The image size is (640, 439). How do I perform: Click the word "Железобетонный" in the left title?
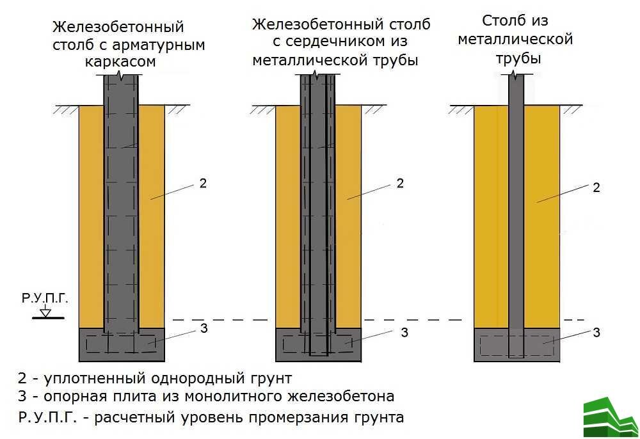pos(118,27)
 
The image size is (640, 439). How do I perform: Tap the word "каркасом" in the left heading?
pos(120,62)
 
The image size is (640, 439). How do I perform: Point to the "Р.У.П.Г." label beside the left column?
pos(45,298)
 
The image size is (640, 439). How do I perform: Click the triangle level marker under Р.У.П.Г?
pos(45,312)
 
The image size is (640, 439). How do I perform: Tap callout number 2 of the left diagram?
pos(203,184)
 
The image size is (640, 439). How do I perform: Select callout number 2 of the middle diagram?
pos(400,184)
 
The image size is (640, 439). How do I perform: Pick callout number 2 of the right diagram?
pos(596,188)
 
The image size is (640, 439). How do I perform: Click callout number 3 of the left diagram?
pos(204,328)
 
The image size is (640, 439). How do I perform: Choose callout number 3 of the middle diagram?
pos(404,333)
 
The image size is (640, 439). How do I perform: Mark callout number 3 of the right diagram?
pos(596,333)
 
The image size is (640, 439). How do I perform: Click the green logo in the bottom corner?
pos(611,417)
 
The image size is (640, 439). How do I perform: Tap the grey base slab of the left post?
pos(122,345)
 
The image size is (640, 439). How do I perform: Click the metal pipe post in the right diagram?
pos(516,216)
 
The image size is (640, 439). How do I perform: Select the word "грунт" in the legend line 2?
pos(271,379)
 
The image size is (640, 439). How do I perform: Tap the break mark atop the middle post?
pos(315,75)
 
